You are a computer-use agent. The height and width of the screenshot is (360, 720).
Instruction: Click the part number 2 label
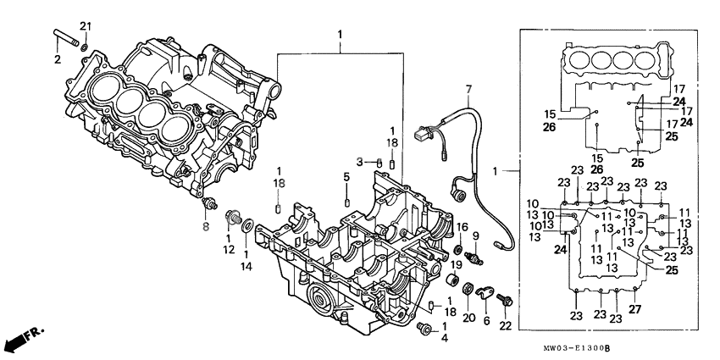coord(58,59)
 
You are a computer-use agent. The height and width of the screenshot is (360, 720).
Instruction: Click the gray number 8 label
coord(204,227)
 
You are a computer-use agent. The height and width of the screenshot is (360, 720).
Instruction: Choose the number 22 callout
coord(505,326)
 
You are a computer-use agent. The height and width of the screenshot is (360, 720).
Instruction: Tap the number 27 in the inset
coord(635,308)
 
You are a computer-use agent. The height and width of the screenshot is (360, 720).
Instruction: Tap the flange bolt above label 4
coord(424,327)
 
